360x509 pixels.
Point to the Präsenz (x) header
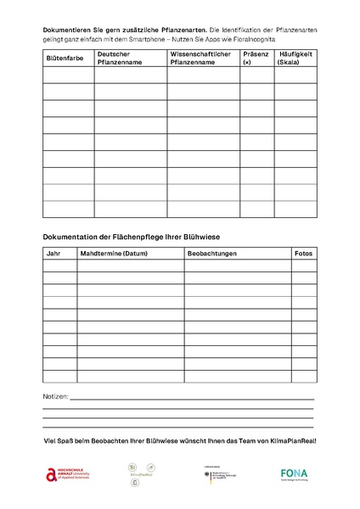click(x=256, y=58)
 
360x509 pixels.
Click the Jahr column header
click(x=53, y=253)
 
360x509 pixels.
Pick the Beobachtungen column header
click(x=212, y=253)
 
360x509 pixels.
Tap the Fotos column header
click(x=303, y=253)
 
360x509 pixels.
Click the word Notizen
click(x=55, y=396)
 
